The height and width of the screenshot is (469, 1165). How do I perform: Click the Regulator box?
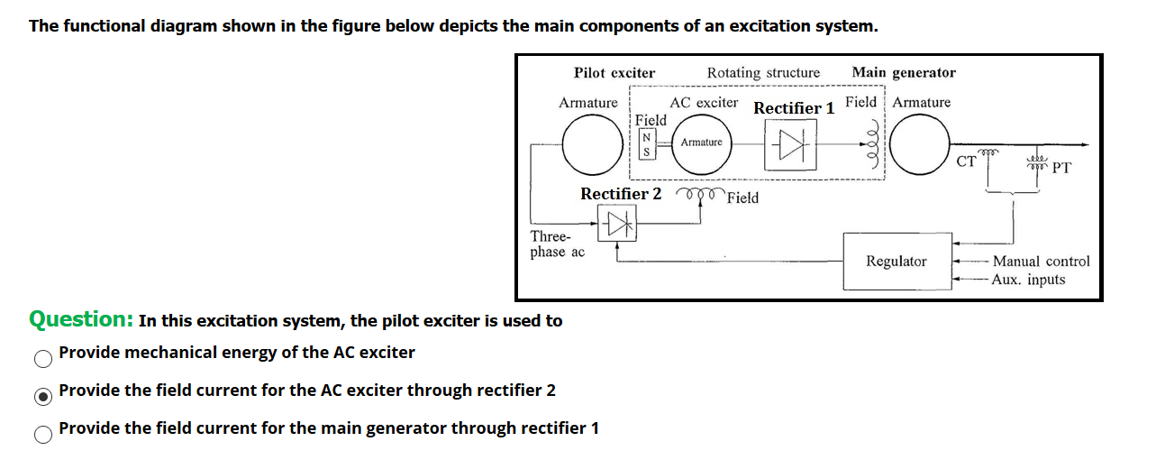point(896,261)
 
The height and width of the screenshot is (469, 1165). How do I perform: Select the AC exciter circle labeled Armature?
point(701,144)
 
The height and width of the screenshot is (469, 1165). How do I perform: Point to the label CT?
point(966,162)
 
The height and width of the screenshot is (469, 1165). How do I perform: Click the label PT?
point(1060,167)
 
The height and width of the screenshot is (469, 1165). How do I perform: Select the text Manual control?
point(1041,262)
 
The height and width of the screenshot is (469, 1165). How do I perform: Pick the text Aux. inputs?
point(1028,280)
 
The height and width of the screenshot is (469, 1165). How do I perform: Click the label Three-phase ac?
point(557,244)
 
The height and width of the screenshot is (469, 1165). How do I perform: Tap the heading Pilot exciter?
point(614,73)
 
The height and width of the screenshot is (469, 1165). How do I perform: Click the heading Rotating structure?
point(763,73)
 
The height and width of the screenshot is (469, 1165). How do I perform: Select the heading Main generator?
point(904,72)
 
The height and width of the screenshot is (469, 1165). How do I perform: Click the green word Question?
point(82,319)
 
